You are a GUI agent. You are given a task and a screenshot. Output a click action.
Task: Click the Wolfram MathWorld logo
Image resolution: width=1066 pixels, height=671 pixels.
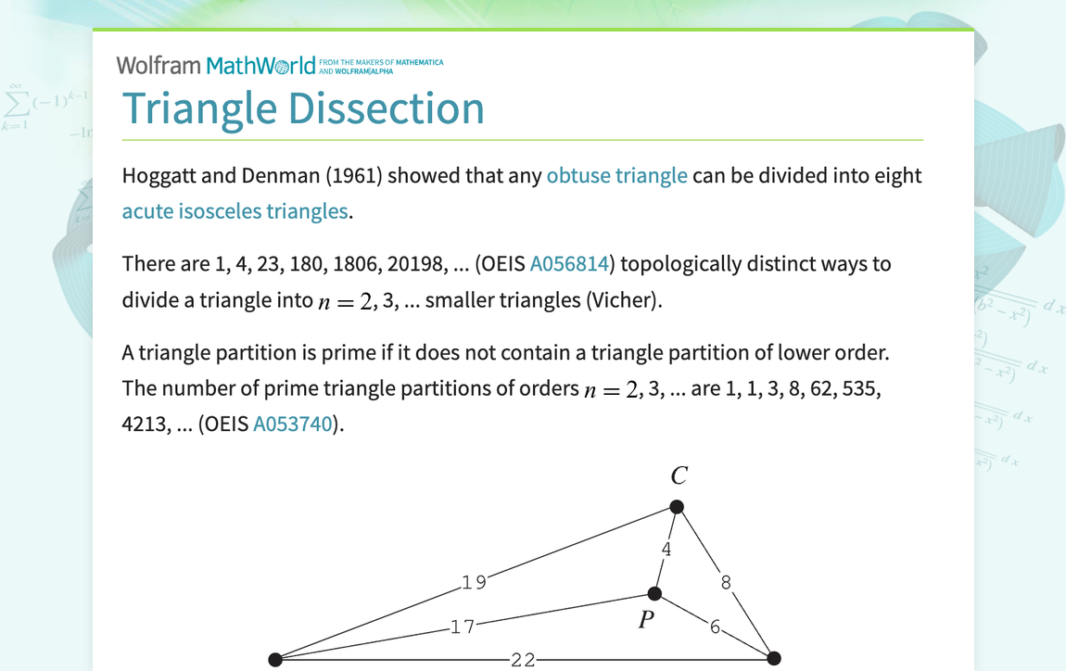click(216, 65)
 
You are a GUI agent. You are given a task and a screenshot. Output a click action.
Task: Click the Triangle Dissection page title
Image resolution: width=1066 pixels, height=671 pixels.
click(303, 108)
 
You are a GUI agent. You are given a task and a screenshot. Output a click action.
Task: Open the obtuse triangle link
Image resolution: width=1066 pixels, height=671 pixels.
click(616, 176)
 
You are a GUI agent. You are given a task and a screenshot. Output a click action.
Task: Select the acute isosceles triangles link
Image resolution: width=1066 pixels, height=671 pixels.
click(235, 211)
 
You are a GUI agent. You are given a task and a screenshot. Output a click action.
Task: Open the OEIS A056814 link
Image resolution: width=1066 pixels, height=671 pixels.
click(568, 264)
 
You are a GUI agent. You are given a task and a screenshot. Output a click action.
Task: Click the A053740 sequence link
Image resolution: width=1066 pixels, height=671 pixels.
click(294, 424)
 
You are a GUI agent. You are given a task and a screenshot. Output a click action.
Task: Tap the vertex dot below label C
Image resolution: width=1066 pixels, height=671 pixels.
click(677, 507)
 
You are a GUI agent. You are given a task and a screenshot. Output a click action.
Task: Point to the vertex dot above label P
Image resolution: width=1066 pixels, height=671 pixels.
click(654, 593)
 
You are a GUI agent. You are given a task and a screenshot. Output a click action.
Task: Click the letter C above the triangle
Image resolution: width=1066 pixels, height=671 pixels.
click(679, 476)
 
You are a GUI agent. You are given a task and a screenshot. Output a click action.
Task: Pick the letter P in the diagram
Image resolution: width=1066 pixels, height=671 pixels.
click(647, 619)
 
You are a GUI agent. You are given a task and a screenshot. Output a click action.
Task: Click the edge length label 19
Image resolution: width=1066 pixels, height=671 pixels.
click(474, 582)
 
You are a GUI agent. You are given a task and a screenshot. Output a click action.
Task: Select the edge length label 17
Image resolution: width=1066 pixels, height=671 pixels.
click(462, 627)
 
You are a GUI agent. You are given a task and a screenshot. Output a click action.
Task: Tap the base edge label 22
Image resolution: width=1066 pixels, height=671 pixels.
click(523, 659)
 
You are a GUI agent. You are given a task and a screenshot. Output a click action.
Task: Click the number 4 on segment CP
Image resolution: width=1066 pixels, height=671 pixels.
click(666, 549)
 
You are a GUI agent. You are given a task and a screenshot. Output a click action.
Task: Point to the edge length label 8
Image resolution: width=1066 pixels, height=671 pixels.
click(726, 582)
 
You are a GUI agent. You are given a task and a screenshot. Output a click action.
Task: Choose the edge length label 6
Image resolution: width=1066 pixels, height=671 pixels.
click(715, 626)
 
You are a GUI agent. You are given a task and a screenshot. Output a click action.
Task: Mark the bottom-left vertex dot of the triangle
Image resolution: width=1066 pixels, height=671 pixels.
click(275, 659)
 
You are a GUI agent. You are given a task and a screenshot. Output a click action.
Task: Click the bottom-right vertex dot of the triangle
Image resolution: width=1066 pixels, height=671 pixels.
click(774, 658)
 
